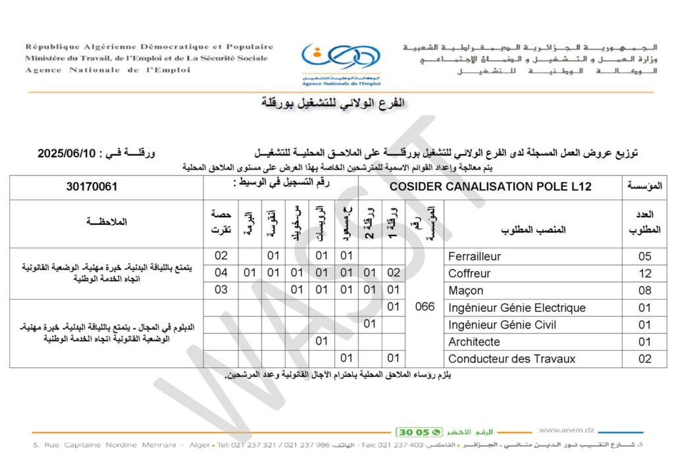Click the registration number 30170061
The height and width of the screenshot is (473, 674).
coord(91,187)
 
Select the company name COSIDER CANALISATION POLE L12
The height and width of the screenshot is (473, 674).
coord(490,187)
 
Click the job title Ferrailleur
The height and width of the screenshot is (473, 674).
coord(475,257)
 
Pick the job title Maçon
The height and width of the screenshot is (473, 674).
coord(466,291)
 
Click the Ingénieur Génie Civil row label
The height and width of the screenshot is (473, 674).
coord(502,325)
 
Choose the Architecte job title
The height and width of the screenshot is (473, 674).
coord(474,342)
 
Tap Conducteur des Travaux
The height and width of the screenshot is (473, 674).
coord(511,359)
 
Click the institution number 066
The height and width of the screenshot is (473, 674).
coord(425,307)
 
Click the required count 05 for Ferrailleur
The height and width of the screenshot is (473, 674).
coord(645,257)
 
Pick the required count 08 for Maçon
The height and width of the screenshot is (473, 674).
coord(645,291)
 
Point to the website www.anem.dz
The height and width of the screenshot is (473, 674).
coord(566,430)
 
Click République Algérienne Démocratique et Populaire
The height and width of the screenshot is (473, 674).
coord(149,47)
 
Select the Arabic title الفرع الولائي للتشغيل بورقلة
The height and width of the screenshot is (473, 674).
coord(333,103)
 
